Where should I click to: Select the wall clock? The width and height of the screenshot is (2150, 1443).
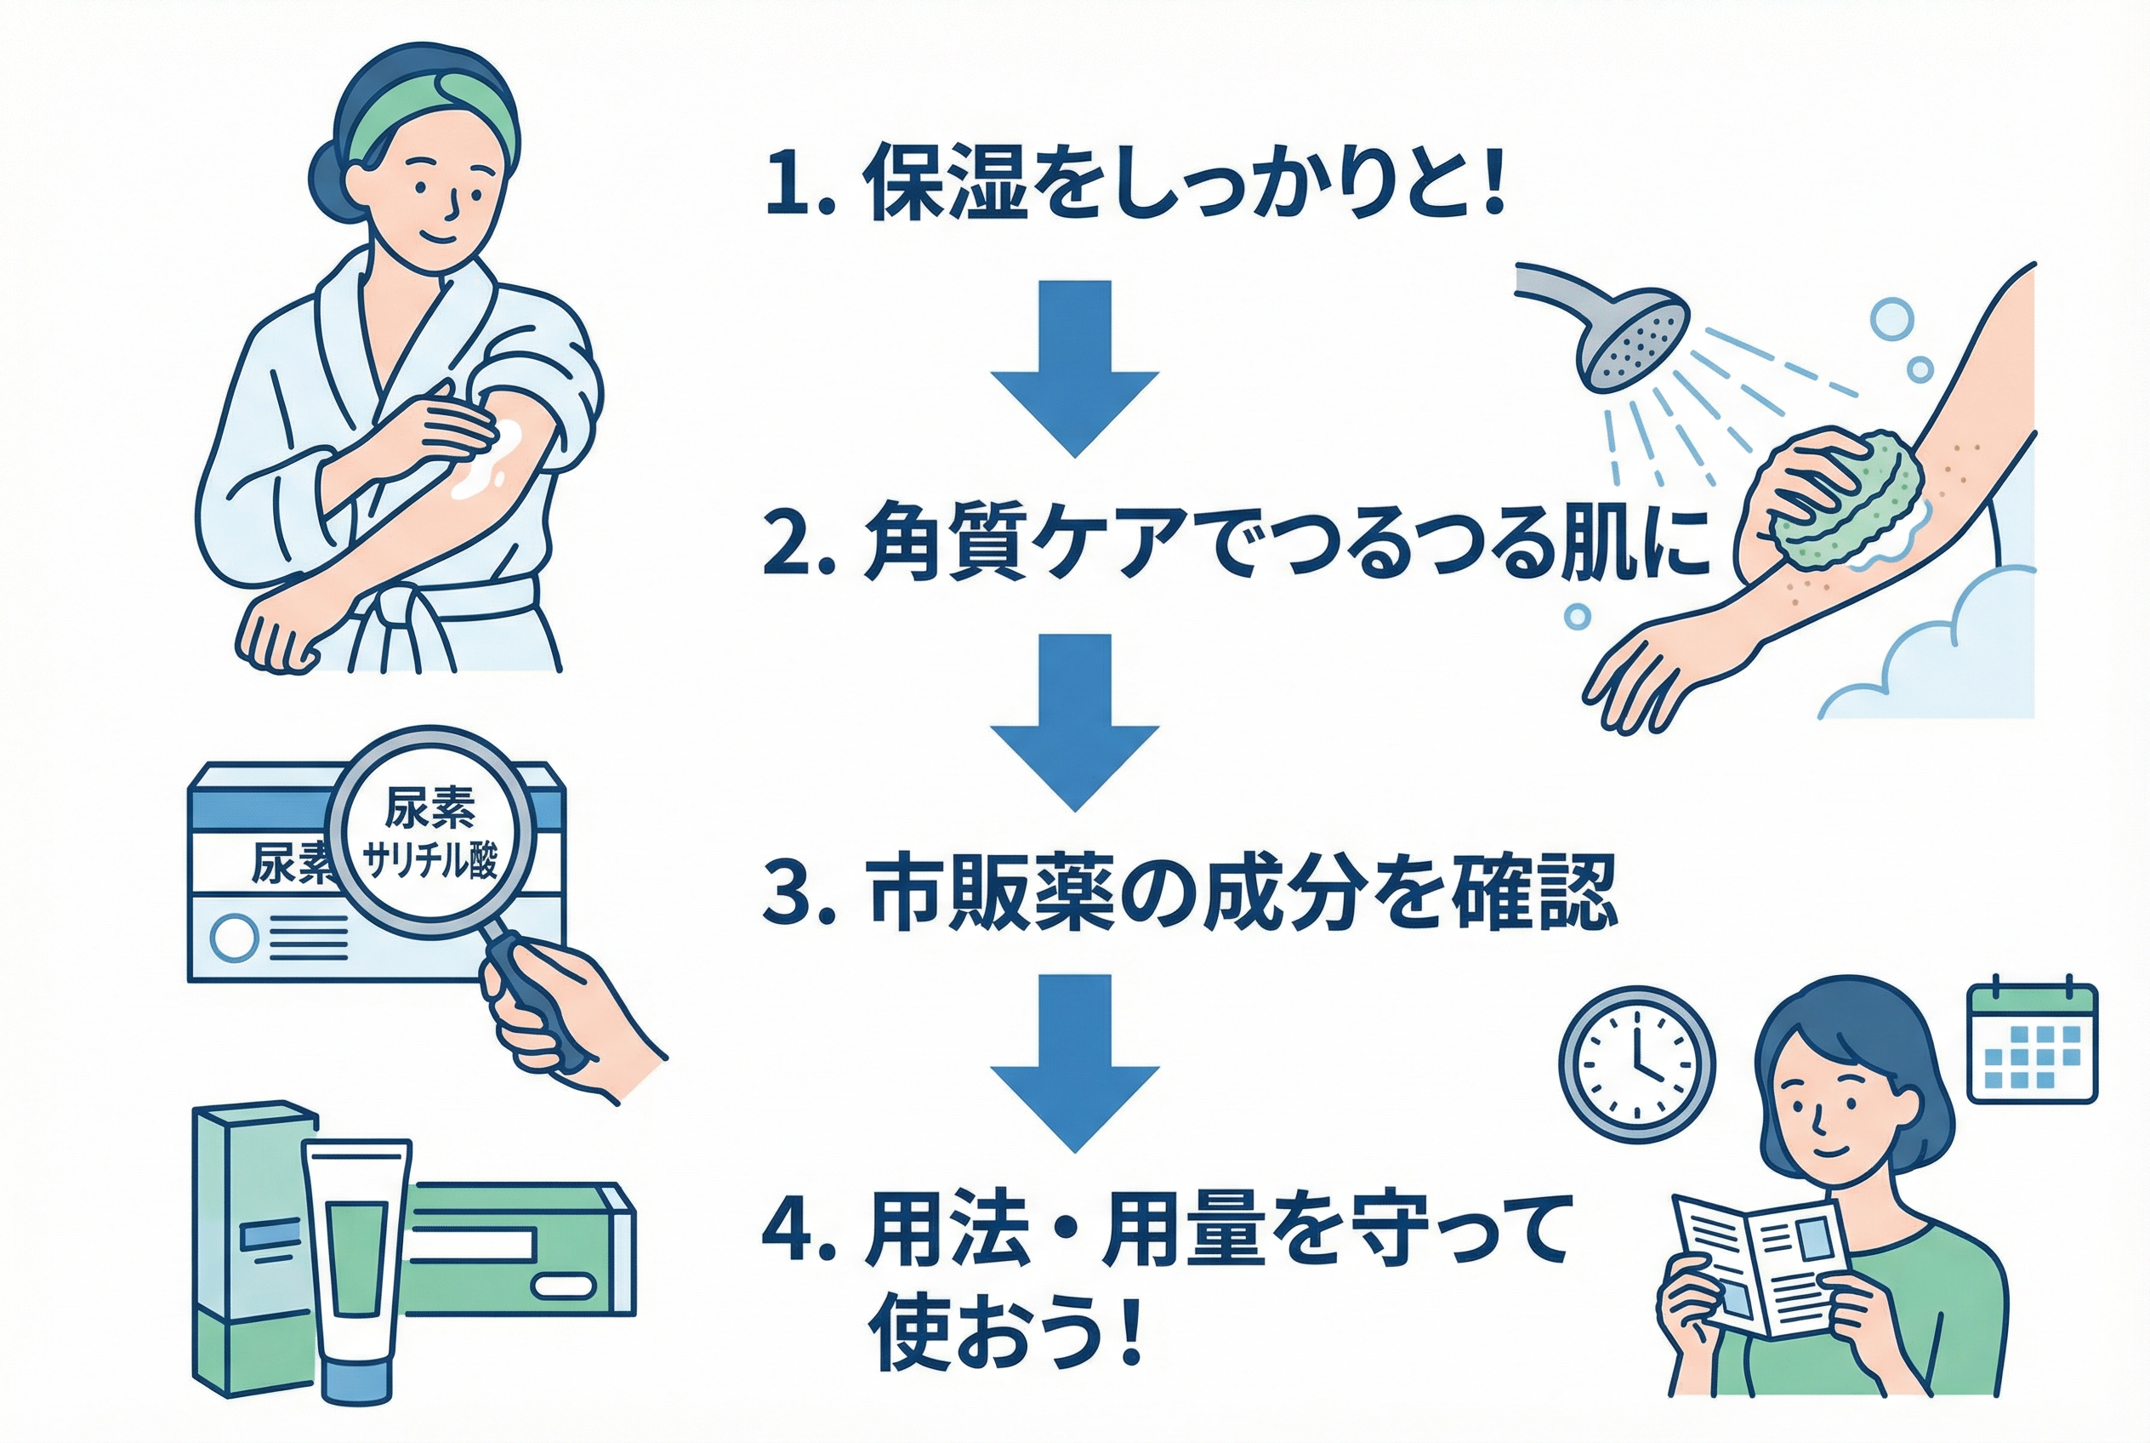tap(1636, 1064)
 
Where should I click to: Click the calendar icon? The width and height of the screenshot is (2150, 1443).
tap(2033, 1044)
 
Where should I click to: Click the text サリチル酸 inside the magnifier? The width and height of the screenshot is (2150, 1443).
tap(430, 862)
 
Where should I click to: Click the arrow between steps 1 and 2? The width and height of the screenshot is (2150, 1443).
tap(1073, 368)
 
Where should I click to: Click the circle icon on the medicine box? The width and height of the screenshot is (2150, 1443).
tap(234, 938)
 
